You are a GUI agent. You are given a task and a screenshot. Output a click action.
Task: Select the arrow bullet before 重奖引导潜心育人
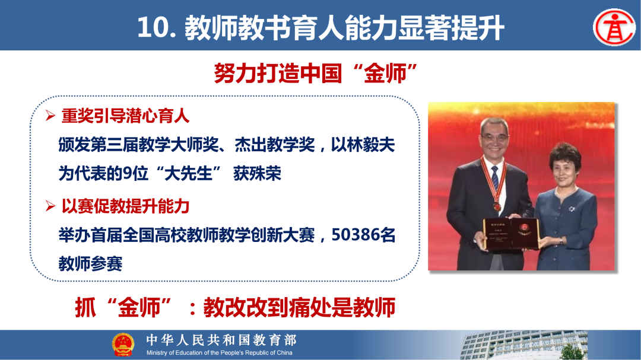50,116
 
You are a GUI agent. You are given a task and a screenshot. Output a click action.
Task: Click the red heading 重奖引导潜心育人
125,116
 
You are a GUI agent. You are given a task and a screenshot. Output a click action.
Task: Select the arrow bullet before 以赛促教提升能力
50,206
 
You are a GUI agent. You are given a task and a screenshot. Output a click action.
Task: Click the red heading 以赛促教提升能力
125,206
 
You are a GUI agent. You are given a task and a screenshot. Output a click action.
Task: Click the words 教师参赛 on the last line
90,263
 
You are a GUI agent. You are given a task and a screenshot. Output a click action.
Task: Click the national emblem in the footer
123,345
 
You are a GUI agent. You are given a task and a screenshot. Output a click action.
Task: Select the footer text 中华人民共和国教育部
221,340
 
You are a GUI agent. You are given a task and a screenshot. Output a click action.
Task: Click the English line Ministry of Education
220,353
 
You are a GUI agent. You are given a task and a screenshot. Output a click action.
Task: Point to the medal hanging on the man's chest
496,206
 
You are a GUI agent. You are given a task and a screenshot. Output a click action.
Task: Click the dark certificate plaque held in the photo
510,233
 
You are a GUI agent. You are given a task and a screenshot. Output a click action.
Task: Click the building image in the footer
522,345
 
